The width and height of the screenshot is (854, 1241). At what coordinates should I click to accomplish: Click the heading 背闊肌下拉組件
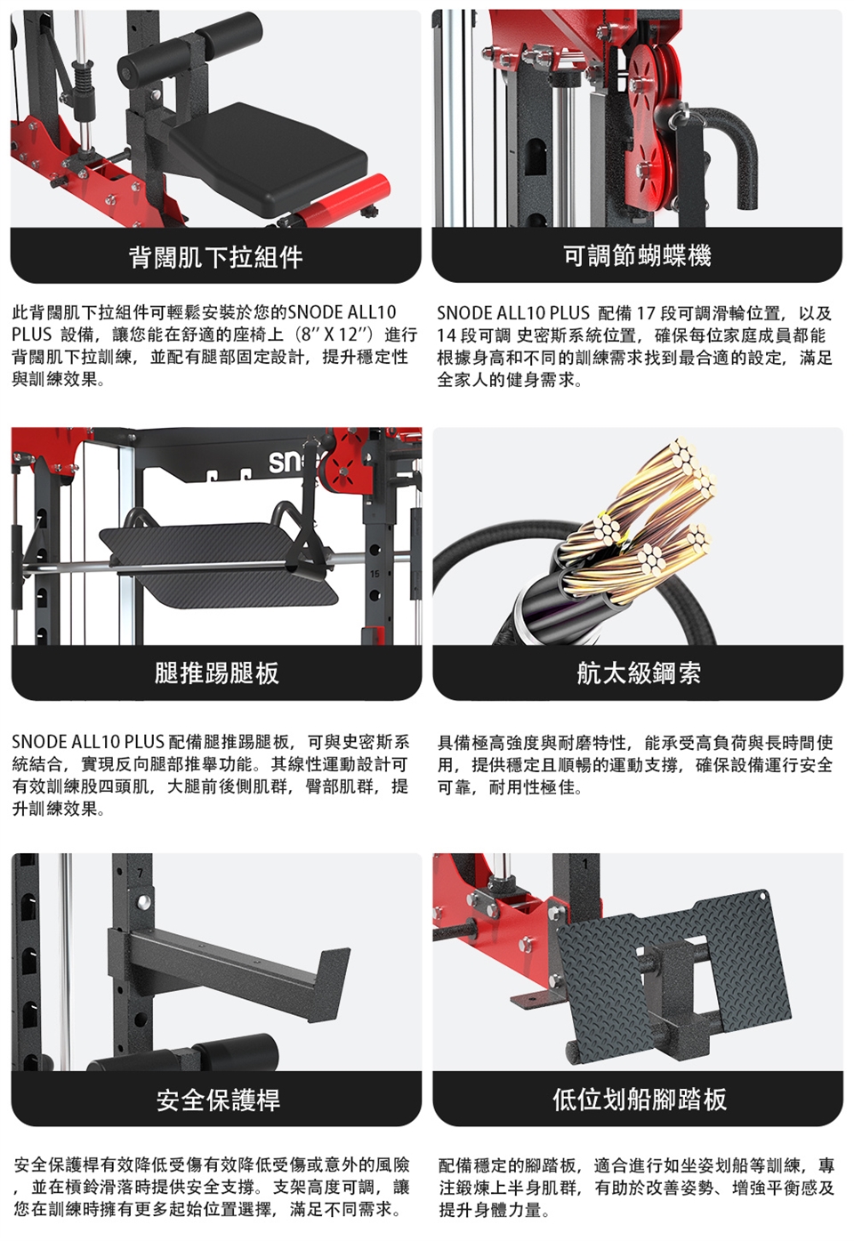[x=216, y=258]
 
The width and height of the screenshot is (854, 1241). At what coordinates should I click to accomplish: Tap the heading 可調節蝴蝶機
[x=638, y=256]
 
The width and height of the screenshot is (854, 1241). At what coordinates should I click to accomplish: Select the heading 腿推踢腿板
[x=216, y=673]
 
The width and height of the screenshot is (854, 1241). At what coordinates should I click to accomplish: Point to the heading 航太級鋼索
[x=639, y=673]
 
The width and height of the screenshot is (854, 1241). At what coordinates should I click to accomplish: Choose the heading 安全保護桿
[x=218, y=1100]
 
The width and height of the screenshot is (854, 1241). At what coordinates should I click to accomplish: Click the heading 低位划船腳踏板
[x=639, y=1100]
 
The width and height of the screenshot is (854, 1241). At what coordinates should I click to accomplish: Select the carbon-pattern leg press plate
[x=219, y=565]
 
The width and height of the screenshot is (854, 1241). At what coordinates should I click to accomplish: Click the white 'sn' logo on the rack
[x=286, y=462]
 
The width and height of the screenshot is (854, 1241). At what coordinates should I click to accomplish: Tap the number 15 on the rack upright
[x=375, y=574]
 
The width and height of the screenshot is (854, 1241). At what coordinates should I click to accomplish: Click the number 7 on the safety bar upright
[x=141, y=874]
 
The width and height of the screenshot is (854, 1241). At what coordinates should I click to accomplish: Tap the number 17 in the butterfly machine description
[x=645, y=313]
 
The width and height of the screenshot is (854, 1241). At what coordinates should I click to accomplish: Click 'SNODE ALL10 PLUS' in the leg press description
[x=88, y=741]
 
